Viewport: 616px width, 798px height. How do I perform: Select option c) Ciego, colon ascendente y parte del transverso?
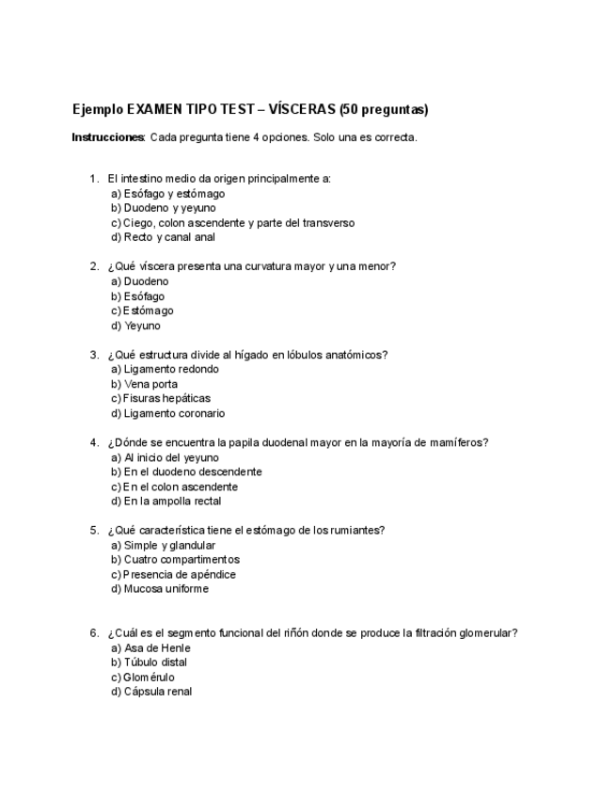pos(232,223)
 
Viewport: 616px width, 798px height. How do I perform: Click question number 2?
pos(94,266)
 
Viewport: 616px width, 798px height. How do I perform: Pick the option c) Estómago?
pos(142,311)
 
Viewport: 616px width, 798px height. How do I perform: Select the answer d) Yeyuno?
pos(135,326)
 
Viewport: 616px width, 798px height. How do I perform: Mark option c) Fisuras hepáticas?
pos(161,398)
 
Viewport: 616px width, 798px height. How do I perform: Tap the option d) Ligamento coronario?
pos(167,413)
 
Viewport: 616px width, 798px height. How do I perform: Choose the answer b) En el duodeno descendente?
pos(186,471)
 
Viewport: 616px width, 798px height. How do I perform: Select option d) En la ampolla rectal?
pos(166,502)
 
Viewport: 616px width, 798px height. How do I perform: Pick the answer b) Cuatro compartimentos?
pos(175,560)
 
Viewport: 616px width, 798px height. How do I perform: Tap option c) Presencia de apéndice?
pos(173,574)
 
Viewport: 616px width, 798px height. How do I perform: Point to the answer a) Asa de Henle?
pos(150,647)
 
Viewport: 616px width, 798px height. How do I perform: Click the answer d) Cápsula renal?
pos(151,692)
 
